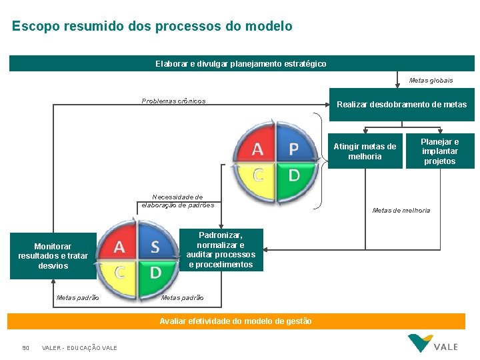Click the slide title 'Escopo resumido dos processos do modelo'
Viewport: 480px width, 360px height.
point(152,27)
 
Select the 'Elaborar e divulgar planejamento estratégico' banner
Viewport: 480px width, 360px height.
point(241,63)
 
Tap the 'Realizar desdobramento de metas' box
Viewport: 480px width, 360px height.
point(401,105)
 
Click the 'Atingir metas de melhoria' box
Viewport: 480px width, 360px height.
point(365,151)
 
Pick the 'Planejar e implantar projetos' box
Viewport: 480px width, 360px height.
point(440,151)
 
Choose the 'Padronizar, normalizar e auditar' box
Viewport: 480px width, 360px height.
point(221,250)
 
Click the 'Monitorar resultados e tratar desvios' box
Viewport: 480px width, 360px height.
point(53,256)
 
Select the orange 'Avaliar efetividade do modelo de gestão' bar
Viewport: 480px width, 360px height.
point(236,321)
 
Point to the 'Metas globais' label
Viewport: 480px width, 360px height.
point(431,81)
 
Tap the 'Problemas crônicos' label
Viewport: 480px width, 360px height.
point(173,101)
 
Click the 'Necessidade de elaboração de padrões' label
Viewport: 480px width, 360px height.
point(177,201)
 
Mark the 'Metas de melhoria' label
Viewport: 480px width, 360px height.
point(401,211)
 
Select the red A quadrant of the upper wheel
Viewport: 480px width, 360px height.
point(256,147)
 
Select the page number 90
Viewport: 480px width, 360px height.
point(26,348)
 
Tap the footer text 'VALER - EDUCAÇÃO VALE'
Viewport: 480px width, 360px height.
point(79,348)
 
